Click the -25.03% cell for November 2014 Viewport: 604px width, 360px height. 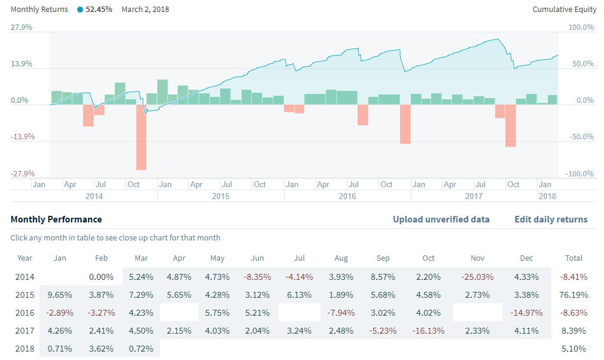coord(477,277)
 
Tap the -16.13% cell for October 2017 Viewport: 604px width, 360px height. coord(428,331)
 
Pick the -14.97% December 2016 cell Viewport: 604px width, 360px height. coord(526,313)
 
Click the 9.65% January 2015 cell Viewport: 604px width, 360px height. coord(60,295)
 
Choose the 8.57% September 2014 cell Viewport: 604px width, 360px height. coord(383,277)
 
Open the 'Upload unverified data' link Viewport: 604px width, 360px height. coord(441,219)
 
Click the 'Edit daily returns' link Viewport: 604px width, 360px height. coord(551,219)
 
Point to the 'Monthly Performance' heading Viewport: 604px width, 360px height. coord(56,219)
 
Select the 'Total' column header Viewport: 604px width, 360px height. coord(574,258)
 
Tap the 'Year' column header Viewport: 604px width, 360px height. coord(25,258)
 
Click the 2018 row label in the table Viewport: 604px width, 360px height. coord(25,349)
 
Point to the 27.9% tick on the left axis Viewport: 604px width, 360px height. coord(22,28)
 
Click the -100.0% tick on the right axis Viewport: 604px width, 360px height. coord(580,174)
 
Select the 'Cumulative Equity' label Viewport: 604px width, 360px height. coord(565,10)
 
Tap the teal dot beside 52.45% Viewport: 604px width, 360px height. coord(80,10)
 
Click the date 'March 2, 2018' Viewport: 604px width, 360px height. coord(145,10)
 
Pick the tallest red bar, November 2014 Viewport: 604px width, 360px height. coord(141,137)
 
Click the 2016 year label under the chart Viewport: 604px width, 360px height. coord(347,196)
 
